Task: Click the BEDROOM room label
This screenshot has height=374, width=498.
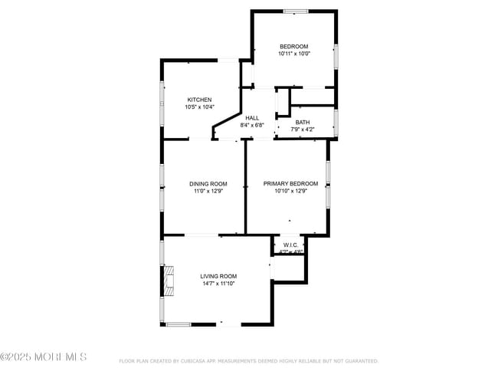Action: [293, 46]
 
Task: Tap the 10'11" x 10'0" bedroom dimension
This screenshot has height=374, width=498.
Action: [293, 54]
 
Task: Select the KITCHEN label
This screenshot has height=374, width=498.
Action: [199, 100]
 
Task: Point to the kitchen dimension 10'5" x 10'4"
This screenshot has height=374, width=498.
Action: [199, 107]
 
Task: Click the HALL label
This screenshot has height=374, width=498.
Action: [252, 117]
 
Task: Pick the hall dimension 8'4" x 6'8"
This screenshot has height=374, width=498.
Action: [252, 125]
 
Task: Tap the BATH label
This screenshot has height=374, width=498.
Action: [303, 122]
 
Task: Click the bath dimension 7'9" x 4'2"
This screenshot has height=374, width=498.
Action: [303, 130]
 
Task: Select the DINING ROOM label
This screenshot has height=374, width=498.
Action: [208, 183]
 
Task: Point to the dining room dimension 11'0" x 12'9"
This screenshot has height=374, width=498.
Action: [208, 191]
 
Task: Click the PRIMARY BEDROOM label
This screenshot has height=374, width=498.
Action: [290, 183]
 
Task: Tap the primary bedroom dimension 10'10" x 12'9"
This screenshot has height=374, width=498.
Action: [290, 191]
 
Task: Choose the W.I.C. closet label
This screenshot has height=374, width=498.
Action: [290, 245]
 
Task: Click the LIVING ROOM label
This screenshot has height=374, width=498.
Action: [218, 276]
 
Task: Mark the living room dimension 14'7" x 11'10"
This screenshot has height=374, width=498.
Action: [218, 284]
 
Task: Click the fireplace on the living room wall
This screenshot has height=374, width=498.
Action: [168, 280]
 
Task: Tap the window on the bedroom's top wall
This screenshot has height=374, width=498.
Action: [295, 11]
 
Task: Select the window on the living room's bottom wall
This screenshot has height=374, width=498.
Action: [178, 324]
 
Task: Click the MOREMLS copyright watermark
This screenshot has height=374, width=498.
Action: [44, 357]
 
